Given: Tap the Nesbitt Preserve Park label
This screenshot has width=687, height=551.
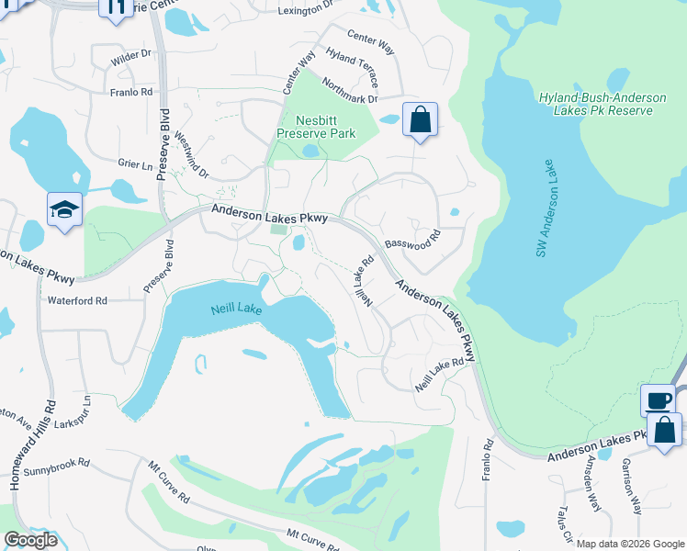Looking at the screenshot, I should pos(316,127).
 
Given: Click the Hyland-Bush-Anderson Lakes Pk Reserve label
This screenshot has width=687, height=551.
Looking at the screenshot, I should pos(595,103).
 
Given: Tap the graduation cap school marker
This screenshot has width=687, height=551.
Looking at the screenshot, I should pos(65,210).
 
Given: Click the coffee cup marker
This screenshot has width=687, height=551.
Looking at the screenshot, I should pos(658,400).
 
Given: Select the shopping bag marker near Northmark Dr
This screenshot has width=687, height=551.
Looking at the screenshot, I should pos(420,119).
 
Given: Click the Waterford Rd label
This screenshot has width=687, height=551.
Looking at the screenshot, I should pos(77,300).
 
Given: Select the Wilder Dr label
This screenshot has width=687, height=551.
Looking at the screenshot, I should pos(130,56).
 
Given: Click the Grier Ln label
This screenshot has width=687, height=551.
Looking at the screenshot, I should pos(135,165).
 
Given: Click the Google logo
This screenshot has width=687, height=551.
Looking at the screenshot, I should pos(30,540).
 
